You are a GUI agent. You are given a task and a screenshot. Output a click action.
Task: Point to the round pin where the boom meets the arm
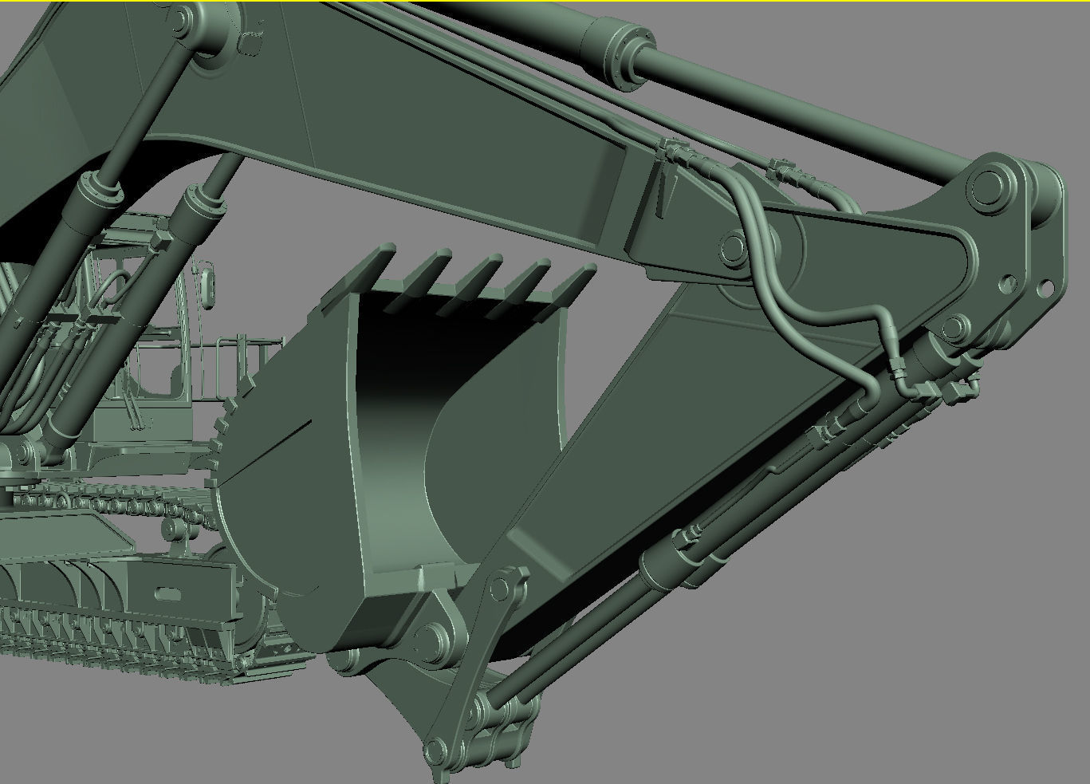732,246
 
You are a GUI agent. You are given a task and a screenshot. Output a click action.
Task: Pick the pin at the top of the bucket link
500,589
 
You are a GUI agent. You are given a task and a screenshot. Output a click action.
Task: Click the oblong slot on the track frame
166,594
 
